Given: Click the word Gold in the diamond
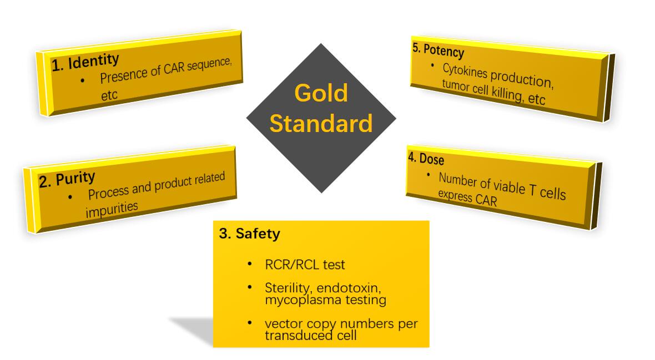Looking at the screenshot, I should point(321,93).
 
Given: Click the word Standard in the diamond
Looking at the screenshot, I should point(321,124).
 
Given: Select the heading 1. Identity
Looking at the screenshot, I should point(85,62).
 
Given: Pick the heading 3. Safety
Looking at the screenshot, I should point(249,234).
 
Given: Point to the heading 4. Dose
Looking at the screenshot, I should point(426,159).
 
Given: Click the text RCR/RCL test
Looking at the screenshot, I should point(305,265).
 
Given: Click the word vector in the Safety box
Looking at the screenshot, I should point(281,323).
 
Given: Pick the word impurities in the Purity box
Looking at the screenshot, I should point(112,210).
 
